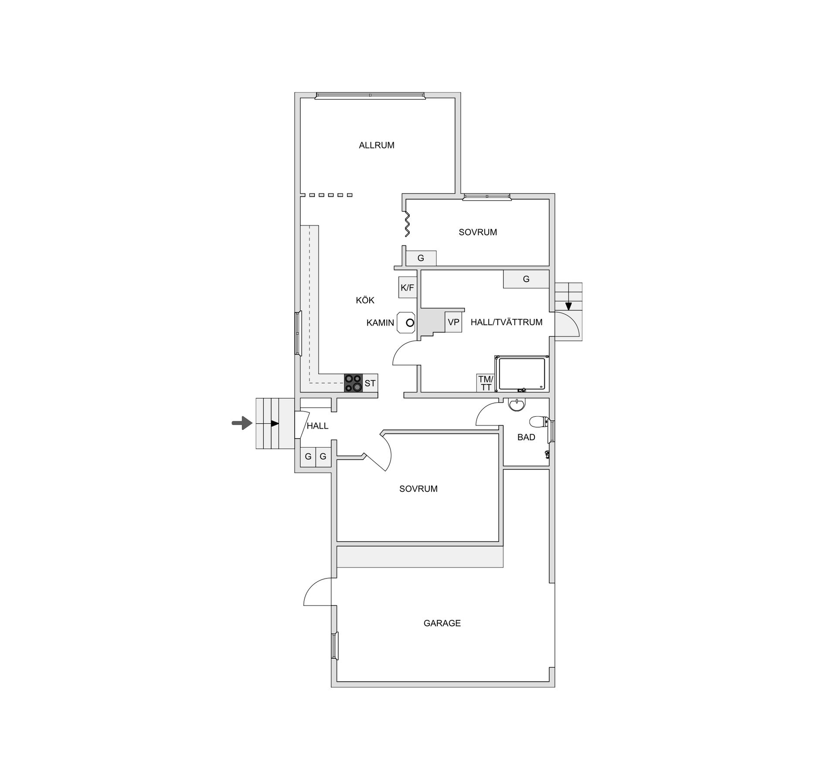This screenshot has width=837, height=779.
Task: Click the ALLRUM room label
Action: (376, 146)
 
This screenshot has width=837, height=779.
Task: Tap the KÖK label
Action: (365, 300)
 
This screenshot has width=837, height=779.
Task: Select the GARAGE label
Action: (442, 623)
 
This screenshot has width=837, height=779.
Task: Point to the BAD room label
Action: (526, 437)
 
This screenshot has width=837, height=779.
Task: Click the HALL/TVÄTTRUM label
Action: (506, 322)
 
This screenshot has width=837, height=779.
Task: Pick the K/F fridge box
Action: (408, 288)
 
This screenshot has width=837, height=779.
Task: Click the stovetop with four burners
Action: (353, 383)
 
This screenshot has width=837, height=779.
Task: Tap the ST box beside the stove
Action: (370, 383)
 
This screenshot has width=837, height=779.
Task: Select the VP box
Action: (453, 322)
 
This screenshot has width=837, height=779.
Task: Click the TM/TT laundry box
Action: (485, 383)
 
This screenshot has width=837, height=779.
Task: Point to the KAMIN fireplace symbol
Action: (406, 323)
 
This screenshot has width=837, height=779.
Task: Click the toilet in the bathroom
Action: (539, 422)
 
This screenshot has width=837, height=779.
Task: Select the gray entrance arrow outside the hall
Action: (242, 423)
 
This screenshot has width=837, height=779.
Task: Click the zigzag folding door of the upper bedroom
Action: (407, 224)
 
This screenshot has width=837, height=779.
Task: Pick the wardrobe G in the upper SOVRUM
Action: (421, 258)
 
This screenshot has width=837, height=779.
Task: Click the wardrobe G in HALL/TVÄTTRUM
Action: (526, 279)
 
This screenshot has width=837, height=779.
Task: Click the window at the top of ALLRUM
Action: (370, 95)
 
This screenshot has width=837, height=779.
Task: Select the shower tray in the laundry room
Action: (521, 374)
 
